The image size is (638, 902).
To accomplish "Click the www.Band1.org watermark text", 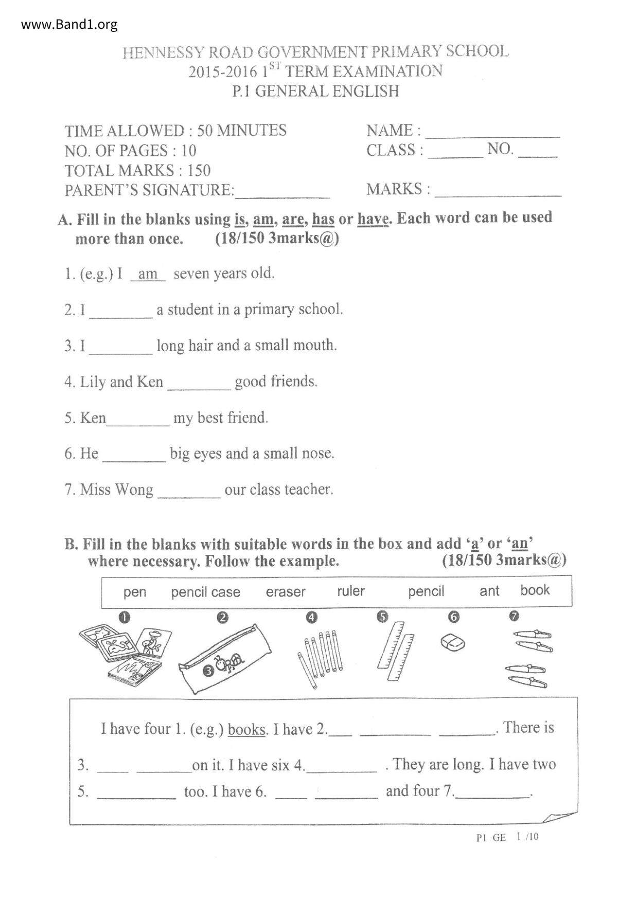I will [x=69, y=24].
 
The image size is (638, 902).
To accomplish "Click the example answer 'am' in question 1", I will [x=148, y=274].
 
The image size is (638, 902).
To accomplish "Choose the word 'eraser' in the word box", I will [x=286, y=592].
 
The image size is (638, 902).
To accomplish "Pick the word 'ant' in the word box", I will [x=489, y=591].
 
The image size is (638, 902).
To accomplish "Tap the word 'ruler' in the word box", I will [x=351, y=591].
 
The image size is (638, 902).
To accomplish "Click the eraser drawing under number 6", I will [x=453, y=642].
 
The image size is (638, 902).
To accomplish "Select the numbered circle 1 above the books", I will [x=124, y=617].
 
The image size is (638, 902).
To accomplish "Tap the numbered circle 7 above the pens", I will [x=514, y=616].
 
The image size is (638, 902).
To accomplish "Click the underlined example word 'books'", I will [x=247, y=729].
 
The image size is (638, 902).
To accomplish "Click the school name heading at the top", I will [x=315, y=52].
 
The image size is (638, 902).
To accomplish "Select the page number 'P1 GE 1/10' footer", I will [x=507, y=837].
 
